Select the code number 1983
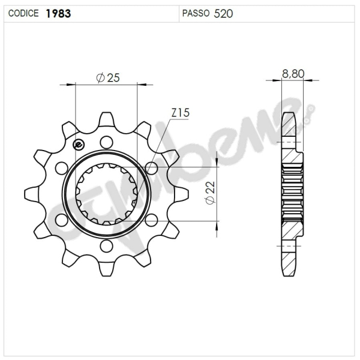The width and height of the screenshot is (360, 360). [x=58, y=13]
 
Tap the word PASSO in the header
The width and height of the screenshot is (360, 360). [x=196, y=13]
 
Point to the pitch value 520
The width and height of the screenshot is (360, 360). [x=223, y=13]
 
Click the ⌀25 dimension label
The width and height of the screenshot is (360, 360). [x=108, y=77]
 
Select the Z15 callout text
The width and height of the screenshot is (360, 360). [x=180, y=112]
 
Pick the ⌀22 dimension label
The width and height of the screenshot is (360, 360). [x=209, y=194]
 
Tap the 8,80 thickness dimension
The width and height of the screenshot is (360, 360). [x=293, y=74]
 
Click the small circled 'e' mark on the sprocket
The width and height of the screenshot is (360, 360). [x=77, y=144]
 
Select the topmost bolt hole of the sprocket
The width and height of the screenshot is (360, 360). [x=106, y=143]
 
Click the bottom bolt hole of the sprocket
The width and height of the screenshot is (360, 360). [x=106, y=245]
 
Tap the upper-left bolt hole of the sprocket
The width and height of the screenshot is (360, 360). [x=62, y=168]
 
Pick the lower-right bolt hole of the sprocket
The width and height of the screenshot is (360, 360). [x=151, y=220]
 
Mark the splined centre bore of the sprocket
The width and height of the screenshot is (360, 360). [x=106, y=194]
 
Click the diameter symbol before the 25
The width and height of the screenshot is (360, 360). [x=100, y=77]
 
